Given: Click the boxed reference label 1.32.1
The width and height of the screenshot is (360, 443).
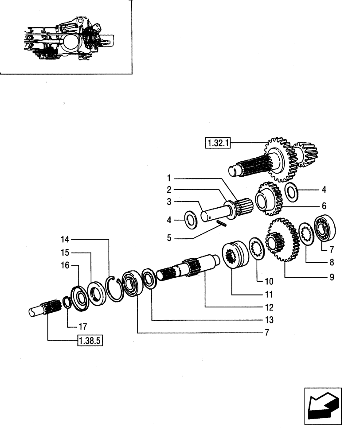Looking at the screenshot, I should (x=216, y=143).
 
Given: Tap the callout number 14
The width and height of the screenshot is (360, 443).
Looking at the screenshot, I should (x=66, y=240).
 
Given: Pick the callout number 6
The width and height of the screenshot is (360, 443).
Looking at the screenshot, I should (x=324, y=206).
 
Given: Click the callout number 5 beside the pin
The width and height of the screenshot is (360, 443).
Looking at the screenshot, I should (x=169, y=238).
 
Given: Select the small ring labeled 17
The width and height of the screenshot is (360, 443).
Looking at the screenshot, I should (x=67, y=302).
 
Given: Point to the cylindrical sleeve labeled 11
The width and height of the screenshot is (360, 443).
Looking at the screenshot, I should (x=237, y=254).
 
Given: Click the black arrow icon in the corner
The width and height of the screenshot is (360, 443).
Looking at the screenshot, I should (x=323, y=406).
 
